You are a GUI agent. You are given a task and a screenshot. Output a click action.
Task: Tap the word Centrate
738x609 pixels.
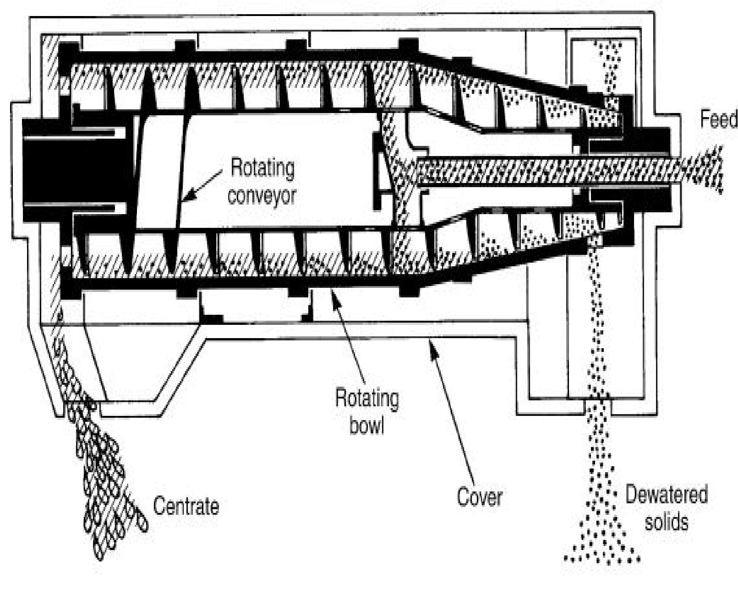[186, 506]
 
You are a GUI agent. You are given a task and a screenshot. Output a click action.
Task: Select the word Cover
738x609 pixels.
[480, 497]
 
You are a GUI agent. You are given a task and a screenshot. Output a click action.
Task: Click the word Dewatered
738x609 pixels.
[666, 495]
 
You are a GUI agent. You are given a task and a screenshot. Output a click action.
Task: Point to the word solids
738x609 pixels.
[666, 522]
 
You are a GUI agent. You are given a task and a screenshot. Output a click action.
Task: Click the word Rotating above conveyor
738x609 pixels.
[262, 168]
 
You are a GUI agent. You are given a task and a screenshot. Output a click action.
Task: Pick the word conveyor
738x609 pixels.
[262, 195]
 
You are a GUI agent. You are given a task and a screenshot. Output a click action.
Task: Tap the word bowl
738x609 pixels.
[366, 425]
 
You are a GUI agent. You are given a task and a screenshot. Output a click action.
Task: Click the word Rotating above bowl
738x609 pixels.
[367, 398]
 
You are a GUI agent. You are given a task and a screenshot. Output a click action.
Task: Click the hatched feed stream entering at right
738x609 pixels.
[701, 169]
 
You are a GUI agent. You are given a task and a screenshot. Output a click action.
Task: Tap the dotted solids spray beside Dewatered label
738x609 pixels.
[600, 517]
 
